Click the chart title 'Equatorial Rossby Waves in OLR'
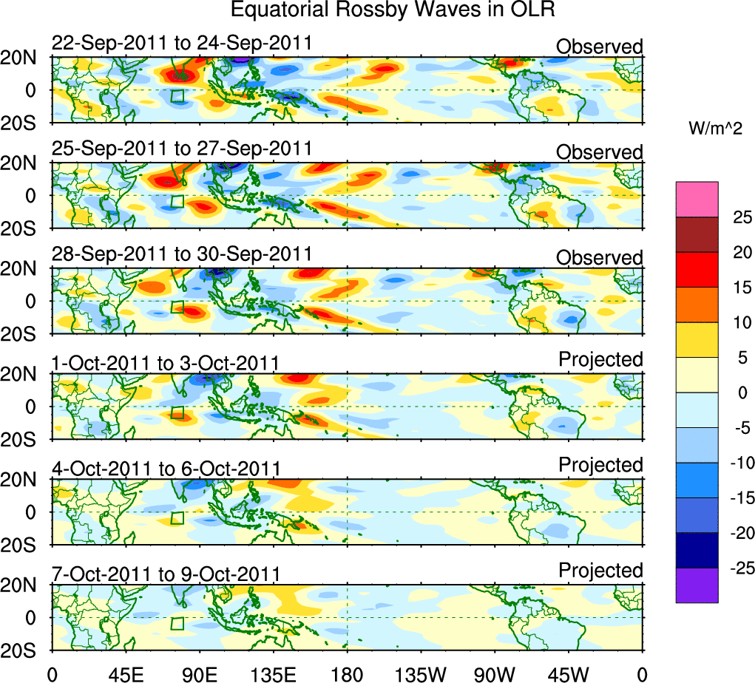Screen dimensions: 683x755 tap(392, 10)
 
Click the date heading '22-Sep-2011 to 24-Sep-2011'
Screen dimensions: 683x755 tap(182, 44)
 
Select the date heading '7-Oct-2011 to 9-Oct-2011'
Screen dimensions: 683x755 tap(166, 573)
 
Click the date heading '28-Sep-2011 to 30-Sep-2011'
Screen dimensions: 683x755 tap(182, 254)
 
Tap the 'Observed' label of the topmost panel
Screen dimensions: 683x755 tap(599, 47)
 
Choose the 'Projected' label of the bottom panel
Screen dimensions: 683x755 tap(600, 570)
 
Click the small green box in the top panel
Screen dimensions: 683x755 tap(177, 96)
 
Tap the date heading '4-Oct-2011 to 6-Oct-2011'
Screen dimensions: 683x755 tap(166, 468)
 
